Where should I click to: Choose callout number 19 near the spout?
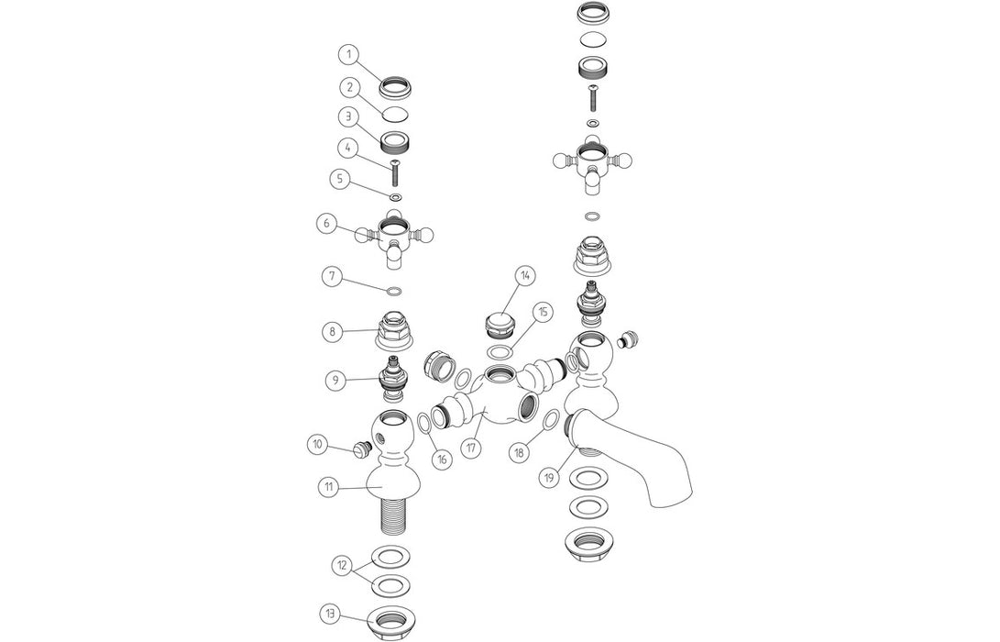(x=549, y=476)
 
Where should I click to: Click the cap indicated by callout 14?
(x=500, y=325)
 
